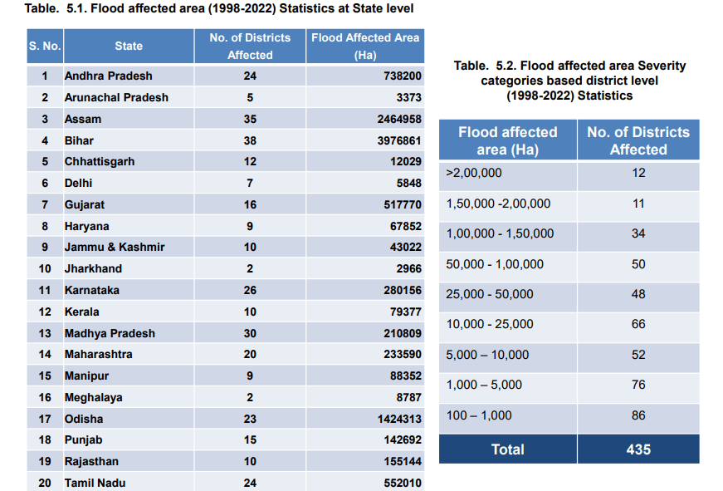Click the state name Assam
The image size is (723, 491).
82,119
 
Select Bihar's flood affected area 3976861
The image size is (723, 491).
399,140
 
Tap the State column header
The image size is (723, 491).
129,47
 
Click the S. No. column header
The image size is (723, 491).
45,47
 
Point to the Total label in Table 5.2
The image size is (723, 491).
508,449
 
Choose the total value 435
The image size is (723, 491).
638,449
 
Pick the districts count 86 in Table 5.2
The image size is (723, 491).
638,415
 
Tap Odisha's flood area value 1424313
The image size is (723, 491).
399,419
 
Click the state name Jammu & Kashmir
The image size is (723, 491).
115,248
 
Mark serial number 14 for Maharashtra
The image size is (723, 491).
45,355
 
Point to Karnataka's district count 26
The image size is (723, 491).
250,290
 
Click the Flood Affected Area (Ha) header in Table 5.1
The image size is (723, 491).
365,47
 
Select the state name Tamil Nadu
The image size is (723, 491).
95,484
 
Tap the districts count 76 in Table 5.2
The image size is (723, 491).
638,385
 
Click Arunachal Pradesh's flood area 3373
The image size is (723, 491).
409,98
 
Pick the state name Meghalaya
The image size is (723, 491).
94,397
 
